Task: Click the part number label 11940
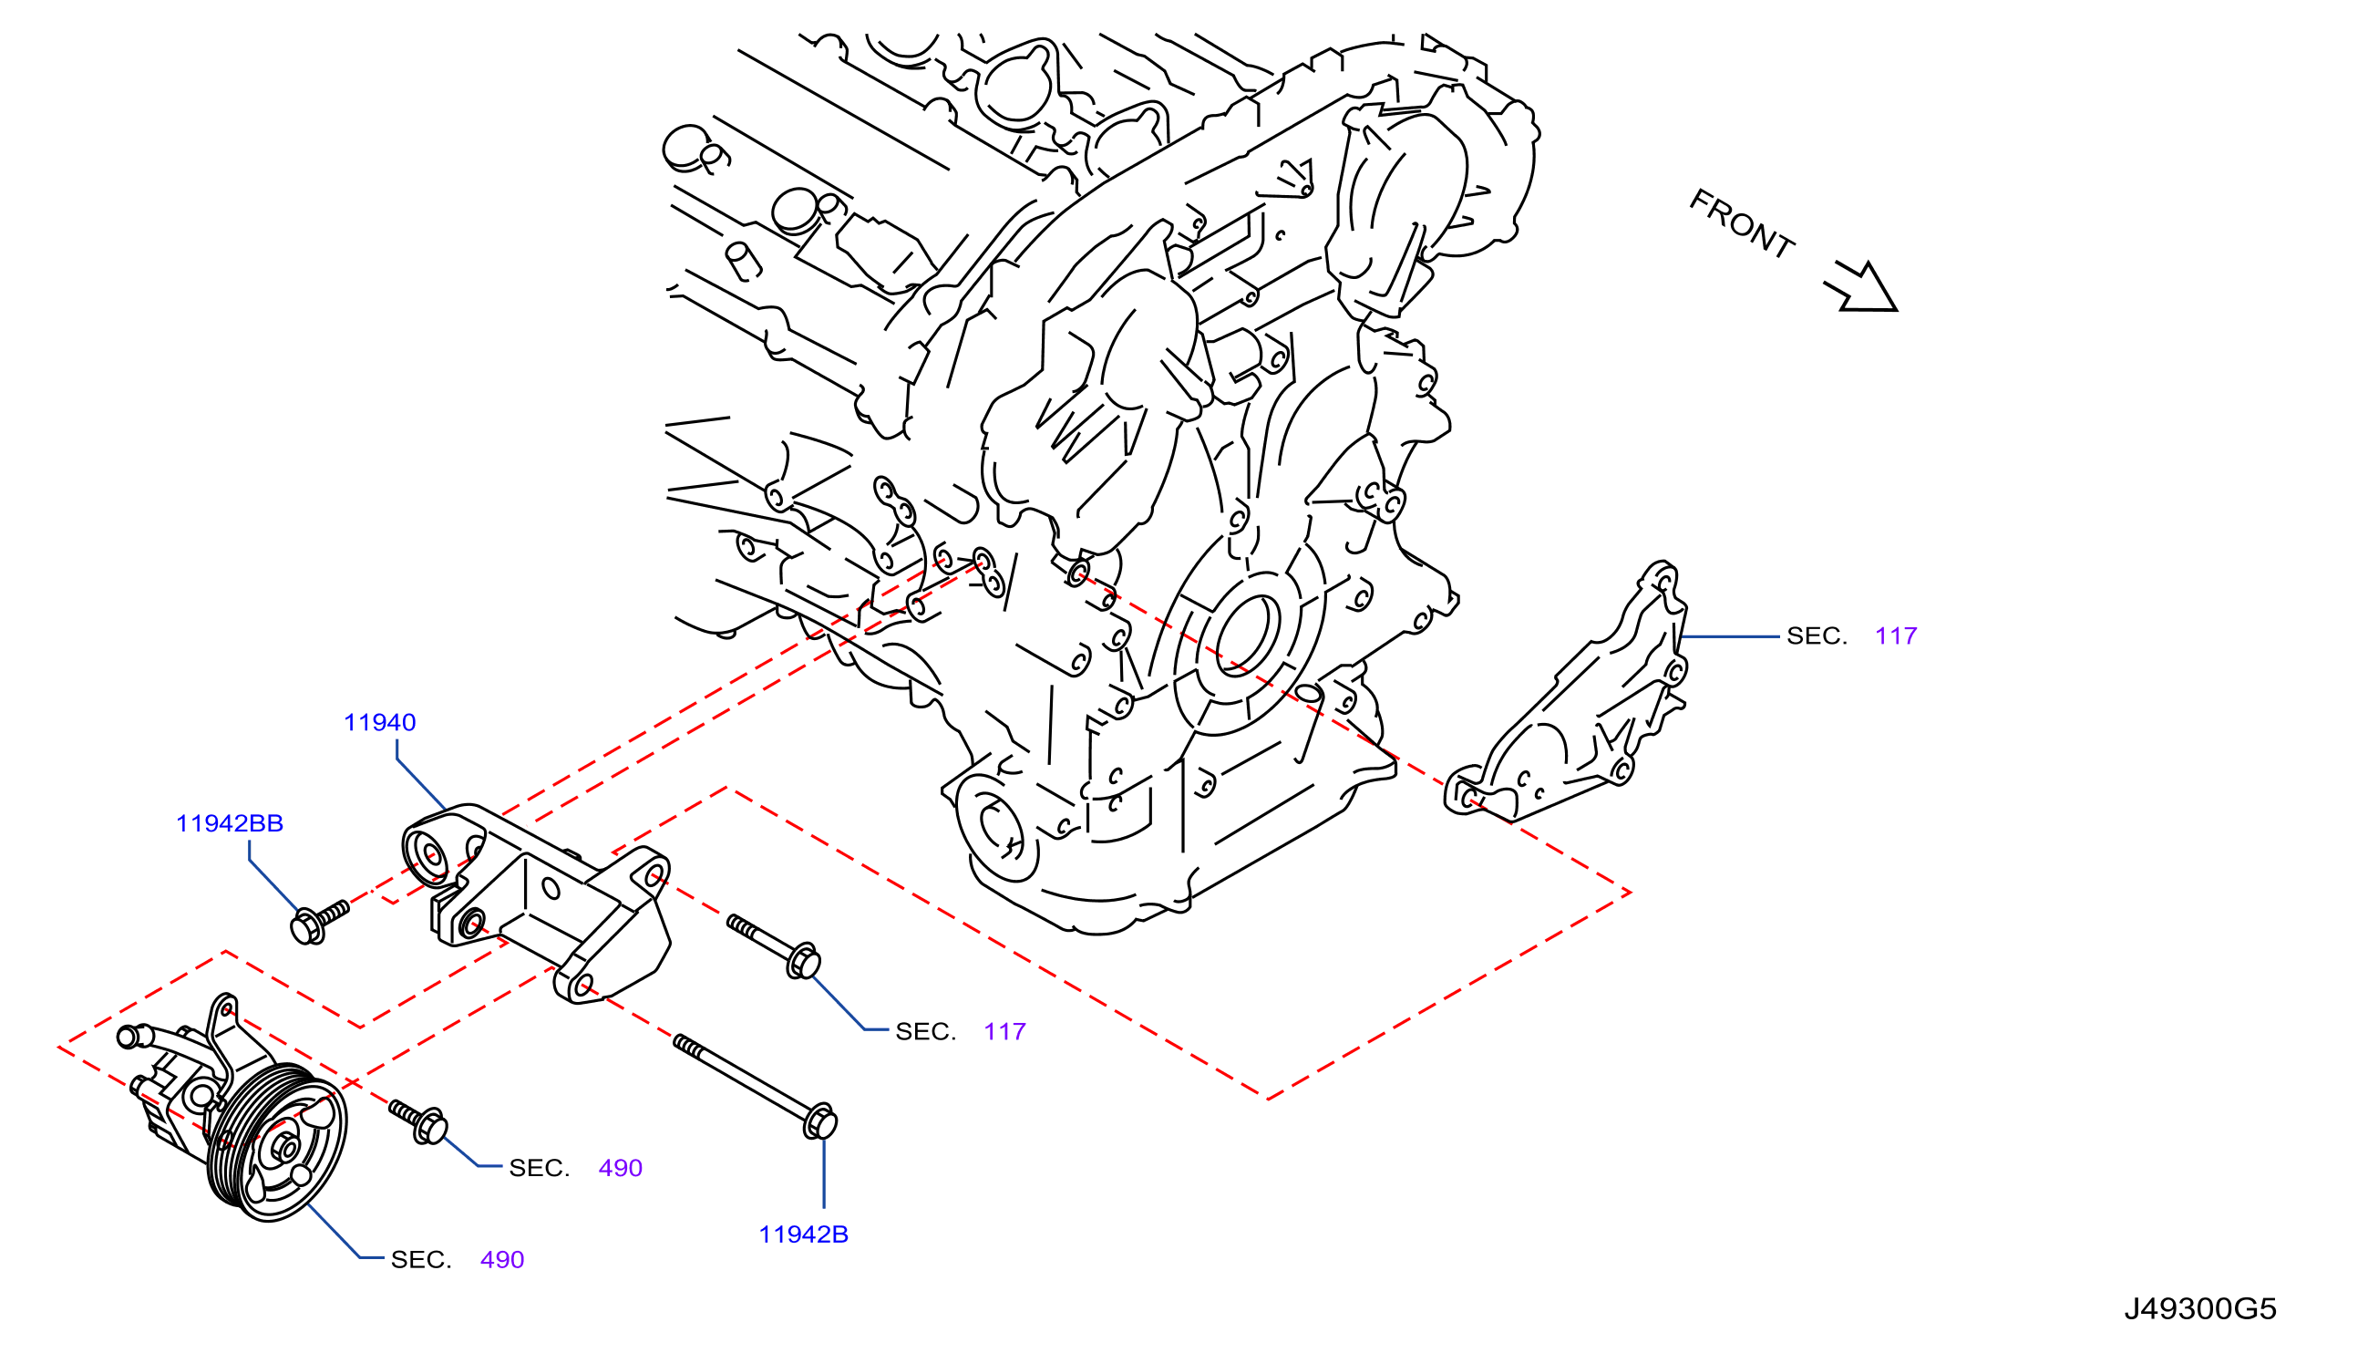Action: pyautogui.click(x=379, y=722)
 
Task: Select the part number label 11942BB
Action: pyautogui.click(x=230, y=823)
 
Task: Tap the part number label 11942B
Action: pyautogui.click(x=804, y=1234)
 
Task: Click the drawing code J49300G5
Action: pyautogui.click(x=2200, y=1308)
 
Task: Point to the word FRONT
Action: pyautogui.click(x=1741, y=223)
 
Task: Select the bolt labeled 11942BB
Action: pyautogui.click(x=319, y=921)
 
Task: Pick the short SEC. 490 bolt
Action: pyautogui.click(x=418, y=1121)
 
